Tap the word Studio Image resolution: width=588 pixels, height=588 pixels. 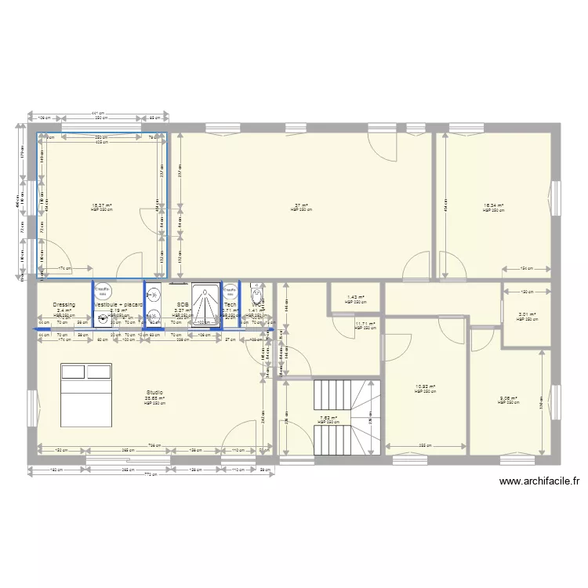point(154,392)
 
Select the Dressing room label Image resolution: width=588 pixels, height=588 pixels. point(64,304)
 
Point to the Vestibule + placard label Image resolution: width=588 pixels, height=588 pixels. point(118,304)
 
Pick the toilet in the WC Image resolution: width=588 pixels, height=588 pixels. point(256,296)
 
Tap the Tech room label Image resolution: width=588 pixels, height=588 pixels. point(230,304)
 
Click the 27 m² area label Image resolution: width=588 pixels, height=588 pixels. point(301,205)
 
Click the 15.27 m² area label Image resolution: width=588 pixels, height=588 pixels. point(102,205)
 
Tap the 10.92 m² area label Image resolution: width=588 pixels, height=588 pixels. point(425,386)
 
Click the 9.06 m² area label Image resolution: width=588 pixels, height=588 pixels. point(509,397)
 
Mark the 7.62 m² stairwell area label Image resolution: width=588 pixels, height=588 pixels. point(328,418)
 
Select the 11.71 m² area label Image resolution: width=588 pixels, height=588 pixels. point(365,323)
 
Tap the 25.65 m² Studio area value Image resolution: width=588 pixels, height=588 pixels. point(154,398)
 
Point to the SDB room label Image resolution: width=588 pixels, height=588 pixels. point(183,304)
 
